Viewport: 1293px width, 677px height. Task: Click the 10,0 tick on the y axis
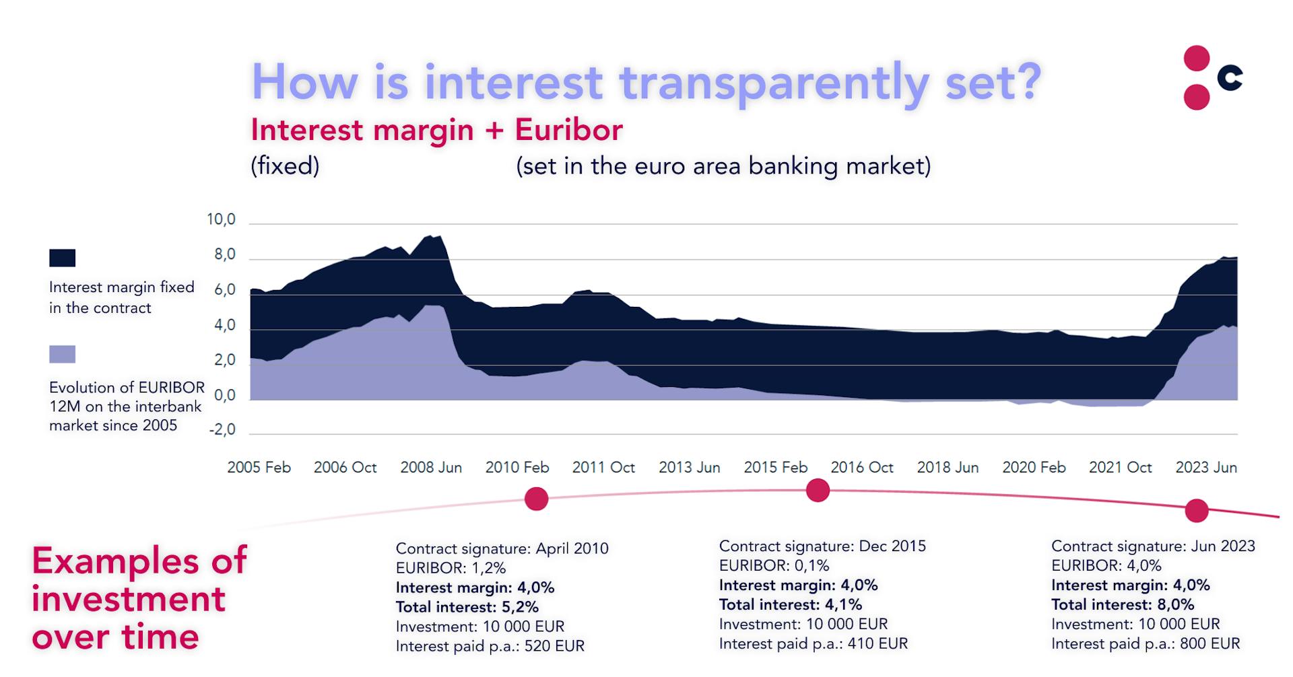click(x=221, y=219)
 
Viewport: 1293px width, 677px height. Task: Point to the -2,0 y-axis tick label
click(x=222, y=429)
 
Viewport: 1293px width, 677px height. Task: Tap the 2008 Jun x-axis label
click(x=431, y=467)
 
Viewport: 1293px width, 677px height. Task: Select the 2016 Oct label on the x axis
click(x=862, y=467)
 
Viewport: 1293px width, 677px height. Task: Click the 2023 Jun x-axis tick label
click(x=1206, y=467)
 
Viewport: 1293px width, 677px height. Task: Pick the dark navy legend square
click(x=63, y=258)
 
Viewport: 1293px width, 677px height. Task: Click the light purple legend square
click(x=63, y=354)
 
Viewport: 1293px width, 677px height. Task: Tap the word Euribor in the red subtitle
click(x=569, y=129)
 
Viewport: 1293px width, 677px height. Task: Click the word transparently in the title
click(x=774, y=83)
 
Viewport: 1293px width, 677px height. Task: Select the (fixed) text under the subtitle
click(x=285, y=166)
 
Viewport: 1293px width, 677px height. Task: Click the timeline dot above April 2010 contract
click(x=537, y=499)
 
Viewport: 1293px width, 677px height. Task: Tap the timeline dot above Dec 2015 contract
click(x=818, y=491)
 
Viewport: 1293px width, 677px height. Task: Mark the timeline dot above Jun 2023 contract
click(x=1197, y=511)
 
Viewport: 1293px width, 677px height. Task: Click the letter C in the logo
click(x=1230, y=78)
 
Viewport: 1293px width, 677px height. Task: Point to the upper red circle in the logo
click(x=1197, y=59)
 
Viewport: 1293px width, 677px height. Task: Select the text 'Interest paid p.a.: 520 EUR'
click(x=490, y=646)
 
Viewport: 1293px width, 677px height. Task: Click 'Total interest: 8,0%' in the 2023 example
click(x=1123, y=604)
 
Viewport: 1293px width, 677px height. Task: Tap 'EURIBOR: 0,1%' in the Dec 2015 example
click(x=774, y=565)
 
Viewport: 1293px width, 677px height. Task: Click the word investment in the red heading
click(x=128, y=598)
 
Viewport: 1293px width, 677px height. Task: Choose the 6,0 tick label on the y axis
click(x=225, y=289)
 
